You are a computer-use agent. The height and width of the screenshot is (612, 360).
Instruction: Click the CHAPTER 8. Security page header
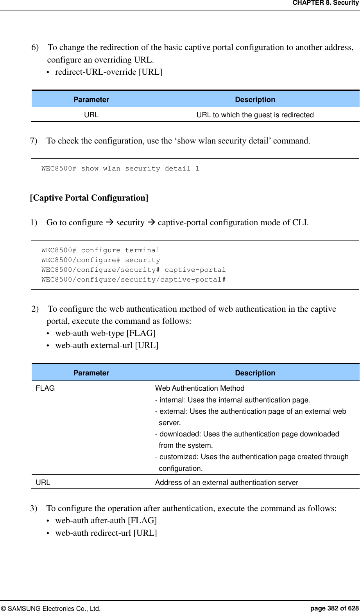326,3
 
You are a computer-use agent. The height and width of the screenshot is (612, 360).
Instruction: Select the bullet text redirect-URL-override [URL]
108,72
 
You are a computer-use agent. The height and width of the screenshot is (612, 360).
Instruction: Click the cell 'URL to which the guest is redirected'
255,115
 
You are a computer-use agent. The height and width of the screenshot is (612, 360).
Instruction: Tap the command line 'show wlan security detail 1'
120,169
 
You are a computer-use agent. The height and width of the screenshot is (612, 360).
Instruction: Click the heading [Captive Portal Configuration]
89,198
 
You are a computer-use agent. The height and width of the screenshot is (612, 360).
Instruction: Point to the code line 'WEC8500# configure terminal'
100,250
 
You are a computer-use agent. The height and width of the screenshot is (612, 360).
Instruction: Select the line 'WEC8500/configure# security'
100,260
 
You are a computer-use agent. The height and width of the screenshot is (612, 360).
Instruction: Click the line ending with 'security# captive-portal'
133,270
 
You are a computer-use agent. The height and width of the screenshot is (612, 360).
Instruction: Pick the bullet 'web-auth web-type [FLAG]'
105,333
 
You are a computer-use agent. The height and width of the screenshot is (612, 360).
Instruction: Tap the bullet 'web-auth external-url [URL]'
107,345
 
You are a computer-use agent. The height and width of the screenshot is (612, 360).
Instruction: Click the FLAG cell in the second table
45,388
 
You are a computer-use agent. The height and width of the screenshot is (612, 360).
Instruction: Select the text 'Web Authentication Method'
200,388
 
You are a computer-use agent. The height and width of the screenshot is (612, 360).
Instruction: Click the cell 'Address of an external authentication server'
226,483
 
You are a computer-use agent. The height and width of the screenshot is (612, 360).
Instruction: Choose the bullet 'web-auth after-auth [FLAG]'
106,520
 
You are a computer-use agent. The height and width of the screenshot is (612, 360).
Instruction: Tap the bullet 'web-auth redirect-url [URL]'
106,533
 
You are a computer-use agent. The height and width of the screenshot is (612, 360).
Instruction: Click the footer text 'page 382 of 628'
334,608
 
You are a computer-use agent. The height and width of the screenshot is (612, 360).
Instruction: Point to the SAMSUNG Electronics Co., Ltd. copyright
51,608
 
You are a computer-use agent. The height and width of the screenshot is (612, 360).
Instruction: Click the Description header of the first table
255,100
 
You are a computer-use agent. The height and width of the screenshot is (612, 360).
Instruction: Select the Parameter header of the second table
91,373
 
